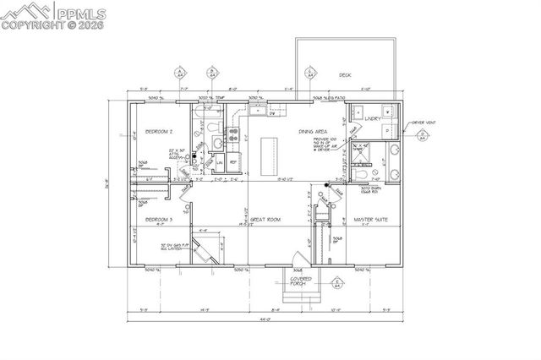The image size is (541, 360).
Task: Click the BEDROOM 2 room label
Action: coord(159,132)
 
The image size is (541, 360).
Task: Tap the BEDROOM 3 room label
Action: coord(159,220)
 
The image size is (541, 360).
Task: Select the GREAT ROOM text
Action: coord(265,220)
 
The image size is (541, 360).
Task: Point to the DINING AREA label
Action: coord(312,132)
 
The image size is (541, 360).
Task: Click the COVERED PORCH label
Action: coord(300,281)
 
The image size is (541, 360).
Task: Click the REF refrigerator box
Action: coord(234,161)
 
